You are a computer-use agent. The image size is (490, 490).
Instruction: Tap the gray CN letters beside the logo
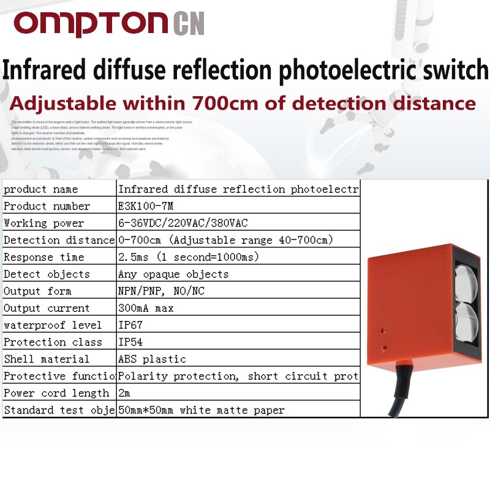click(x=189, y=24)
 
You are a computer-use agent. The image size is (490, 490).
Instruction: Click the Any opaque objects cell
click(x=173, y=274)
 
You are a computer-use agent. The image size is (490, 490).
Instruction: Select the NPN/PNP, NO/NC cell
click(x=161, y=291)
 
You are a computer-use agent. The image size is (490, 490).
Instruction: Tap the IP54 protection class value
click(x=130, y=342)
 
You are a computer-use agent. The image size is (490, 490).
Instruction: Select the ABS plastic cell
click(x=152, y=359)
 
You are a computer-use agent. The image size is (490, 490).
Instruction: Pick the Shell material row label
click(x=47, y=359)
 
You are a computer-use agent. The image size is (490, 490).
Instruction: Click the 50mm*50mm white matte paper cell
click(x=201, y=410)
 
